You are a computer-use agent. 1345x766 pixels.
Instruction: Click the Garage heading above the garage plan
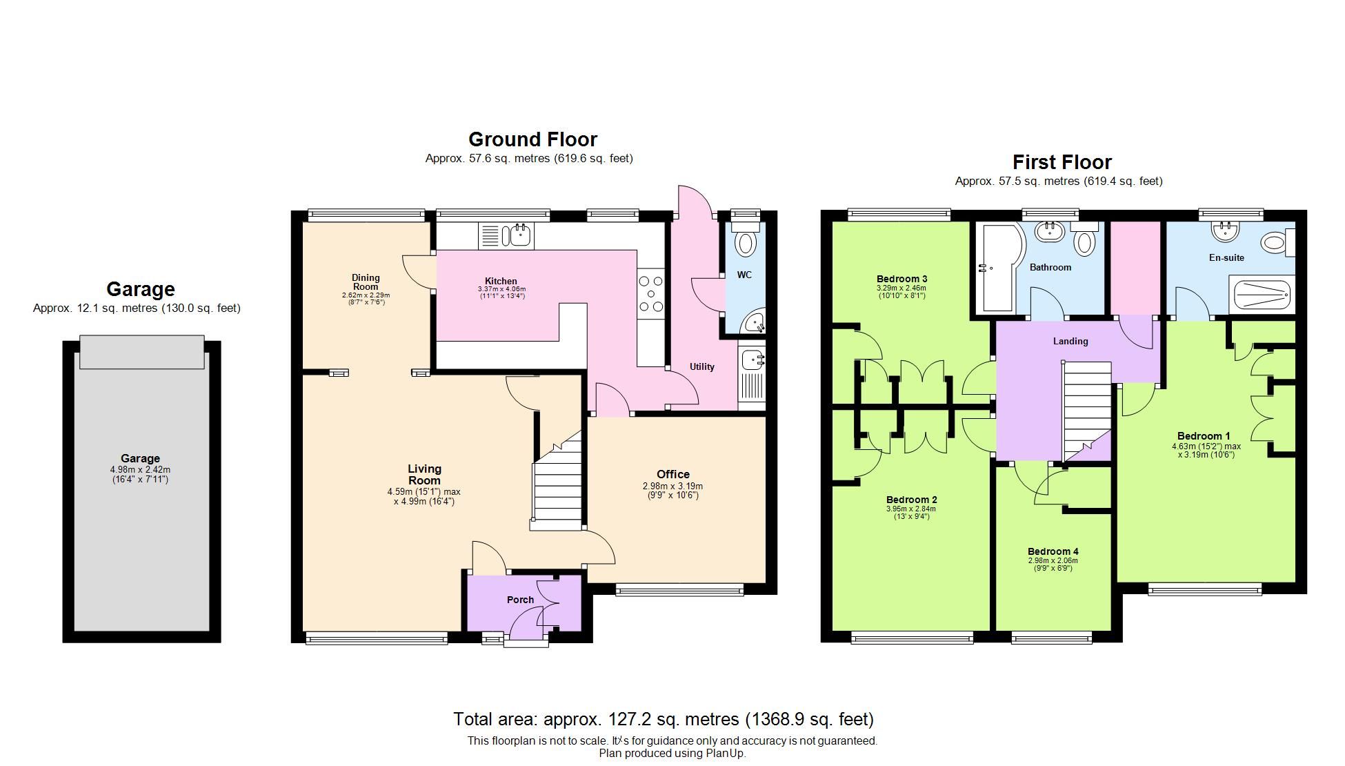tap(140, 289)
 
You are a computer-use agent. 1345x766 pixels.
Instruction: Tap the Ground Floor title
tap(532, 139)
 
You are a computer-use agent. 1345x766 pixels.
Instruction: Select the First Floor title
tap(1062, 162)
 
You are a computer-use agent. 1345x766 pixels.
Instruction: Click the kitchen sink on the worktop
tap(518, 236)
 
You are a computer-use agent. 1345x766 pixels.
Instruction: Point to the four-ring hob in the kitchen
tap(650, 294)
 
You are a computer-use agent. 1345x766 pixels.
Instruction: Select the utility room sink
tap(752, 360)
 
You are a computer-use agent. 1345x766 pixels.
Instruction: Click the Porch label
tap(520, 600)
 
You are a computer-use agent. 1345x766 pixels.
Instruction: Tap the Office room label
tap(672, 474)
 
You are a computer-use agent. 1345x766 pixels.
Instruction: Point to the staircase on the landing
tap(1086, 411)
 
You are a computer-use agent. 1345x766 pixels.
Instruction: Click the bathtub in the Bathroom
tap(997, 269)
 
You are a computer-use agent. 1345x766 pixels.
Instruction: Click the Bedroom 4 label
tap(1053, 551)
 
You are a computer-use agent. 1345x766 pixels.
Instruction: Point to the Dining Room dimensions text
tap(366, 299)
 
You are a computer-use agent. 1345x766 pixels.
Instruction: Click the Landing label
tap(1070, 341)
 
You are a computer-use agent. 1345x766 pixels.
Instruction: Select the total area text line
tap(663, 720)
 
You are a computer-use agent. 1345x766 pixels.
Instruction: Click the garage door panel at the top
tap(141, 352)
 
